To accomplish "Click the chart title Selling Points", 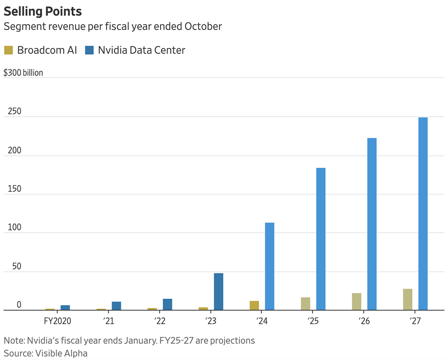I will point(43,11).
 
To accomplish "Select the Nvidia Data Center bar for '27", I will point(423,213).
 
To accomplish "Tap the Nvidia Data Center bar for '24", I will point(270,266).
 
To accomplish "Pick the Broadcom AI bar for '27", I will point(408,299).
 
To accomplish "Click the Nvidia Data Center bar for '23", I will point(219,291).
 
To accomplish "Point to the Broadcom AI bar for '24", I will point(254,305).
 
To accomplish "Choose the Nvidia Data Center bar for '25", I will point(321,239).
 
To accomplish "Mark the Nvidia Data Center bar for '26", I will point(372,224).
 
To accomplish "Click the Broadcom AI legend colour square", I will point(9,50).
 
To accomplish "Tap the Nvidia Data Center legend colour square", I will point(90,50).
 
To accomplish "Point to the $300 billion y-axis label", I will point(23,73).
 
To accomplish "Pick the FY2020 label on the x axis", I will point(57,321).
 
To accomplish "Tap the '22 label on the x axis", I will point(160,321).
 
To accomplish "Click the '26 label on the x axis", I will point(364,321).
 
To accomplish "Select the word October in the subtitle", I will point(202,26).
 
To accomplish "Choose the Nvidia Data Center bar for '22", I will point(168,304).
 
